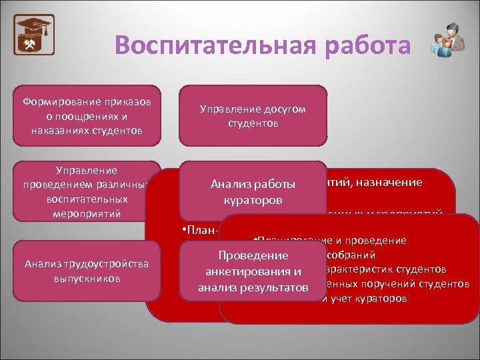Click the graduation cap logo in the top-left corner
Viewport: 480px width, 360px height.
(34, 35)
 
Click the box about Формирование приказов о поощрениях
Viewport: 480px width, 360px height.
(87, 115)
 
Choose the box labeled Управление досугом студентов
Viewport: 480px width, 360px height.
(253, 115)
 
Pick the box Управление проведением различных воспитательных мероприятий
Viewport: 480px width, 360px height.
(87, 191)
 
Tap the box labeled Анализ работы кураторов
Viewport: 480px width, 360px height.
(253, 191)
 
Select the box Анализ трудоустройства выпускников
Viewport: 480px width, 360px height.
(87, 271)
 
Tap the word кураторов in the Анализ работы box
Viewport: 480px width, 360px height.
(253, 199)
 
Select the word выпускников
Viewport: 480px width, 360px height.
(87, 278)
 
